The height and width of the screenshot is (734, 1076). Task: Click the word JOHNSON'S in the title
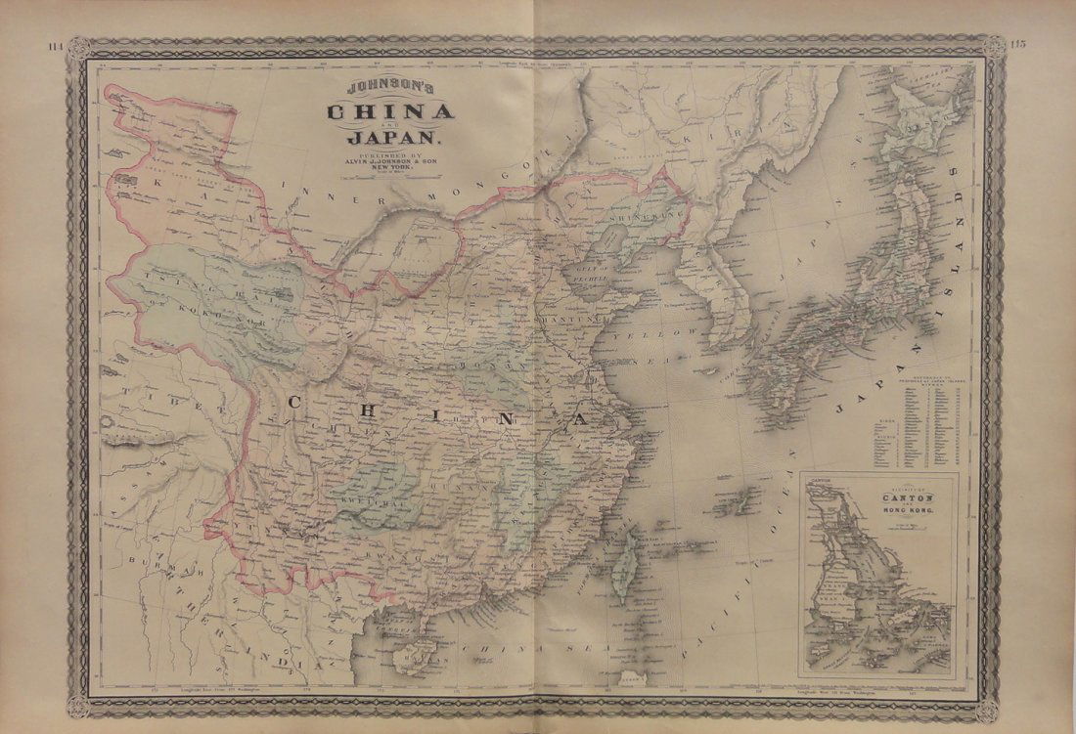click(x=390, y=88)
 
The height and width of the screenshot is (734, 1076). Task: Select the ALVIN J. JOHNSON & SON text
click(x=390, y=161)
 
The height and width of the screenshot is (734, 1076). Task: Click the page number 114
click(x=57, y=46)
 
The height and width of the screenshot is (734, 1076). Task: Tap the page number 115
click(x=1021, y=46)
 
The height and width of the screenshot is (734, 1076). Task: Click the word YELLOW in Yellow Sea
click(x=668, y=335)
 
